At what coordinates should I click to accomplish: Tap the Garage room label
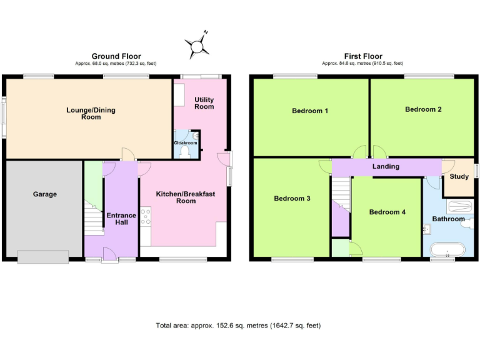tap(45, 194)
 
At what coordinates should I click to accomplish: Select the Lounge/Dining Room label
tap(91, 114)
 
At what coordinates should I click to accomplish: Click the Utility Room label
tap(204, 103)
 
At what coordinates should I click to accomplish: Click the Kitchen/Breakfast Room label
tap(186, 197)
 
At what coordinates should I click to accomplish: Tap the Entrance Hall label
tap(121, 219)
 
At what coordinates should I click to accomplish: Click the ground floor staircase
tap(94, 219)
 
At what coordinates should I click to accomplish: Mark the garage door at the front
tap(43, 256)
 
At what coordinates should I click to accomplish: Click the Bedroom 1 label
tap(310, 111)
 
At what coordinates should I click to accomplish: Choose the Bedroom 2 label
tap(423, 109)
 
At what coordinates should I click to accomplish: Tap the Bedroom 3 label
tap(292, 199)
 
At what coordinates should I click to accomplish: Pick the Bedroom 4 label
tap(387, 212)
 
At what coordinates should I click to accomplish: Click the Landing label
tap(386, 167)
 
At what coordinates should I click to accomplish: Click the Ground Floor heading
tap(116, 56)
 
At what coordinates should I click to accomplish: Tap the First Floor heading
tap(362, 56)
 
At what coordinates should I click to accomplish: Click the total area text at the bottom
tap(238, 326)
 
